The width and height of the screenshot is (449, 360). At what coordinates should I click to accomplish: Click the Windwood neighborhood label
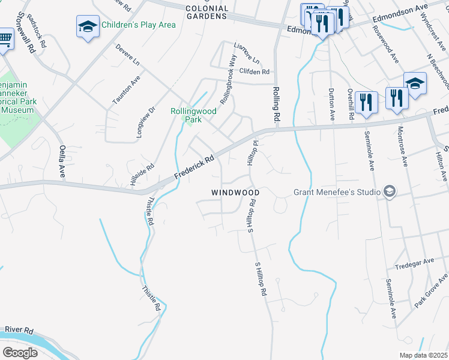[235, 193]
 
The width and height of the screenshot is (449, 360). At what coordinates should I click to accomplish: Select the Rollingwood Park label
[193, 115]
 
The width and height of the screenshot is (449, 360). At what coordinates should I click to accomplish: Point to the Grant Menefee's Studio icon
[389, 192]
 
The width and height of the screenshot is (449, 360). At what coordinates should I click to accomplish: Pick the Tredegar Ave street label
[414, 262]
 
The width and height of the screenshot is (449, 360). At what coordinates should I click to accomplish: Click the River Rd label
[19, 331]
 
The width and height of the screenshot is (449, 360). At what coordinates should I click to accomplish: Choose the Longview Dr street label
[146, 122]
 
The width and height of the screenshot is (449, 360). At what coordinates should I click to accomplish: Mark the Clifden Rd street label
[254, 72]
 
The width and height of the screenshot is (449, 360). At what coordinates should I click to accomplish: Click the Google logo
[20, 352]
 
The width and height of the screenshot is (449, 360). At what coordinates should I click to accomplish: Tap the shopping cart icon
[5, 40]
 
